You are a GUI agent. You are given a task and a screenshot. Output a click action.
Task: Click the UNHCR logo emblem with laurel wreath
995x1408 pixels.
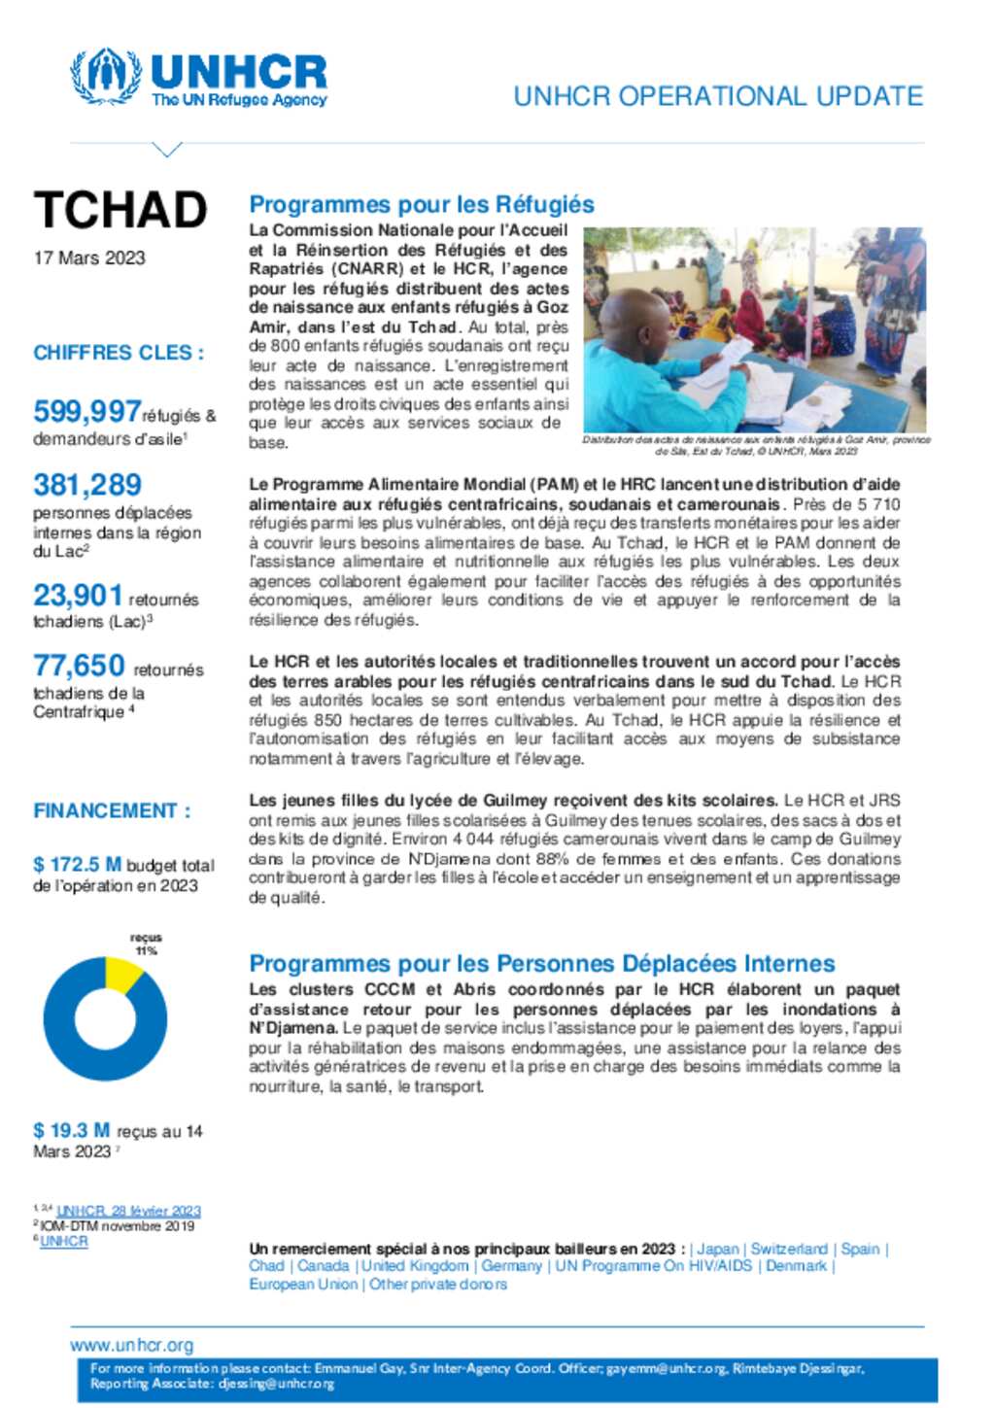[x=106, y=76]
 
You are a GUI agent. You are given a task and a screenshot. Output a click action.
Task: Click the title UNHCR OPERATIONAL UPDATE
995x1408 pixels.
[x=717, y=96]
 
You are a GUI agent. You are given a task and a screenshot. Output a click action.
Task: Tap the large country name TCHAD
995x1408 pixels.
[x=120, y=210]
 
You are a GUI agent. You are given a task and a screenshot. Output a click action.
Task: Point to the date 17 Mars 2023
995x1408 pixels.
[x=89, y=258]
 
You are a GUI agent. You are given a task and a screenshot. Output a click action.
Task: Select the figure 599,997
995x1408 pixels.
[x=86, y=411]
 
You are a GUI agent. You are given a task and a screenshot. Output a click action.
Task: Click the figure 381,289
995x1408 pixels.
[x=87, y=484]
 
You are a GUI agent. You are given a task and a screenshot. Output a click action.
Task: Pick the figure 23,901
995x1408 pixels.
[x=78, y=595]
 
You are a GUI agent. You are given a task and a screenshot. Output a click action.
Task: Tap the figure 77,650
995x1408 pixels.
[x=79, y=666]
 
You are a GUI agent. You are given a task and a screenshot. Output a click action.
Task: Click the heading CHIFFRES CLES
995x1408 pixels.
[x=119, y=353]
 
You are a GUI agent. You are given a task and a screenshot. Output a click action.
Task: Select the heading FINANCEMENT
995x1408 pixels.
[x=112, y=810]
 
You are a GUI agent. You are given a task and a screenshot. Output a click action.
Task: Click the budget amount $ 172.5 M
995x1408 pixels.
[x=77, y=864]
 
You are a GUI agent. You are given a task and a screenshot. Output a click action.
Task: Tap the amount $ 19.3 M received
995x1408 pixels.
[x=71, y=1130]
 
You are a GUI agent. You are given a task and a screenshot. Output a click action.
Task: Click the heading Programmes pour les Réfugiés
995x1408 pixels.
[x=422, y=204]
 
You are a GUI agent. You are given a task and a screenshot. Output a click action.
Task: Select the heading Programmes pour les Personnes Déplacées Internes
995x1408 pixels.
[x=541, y=963]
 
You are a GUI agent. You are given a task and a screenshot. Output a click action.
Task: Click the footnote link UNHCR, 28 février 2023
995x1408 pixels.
[x=128, y=1211]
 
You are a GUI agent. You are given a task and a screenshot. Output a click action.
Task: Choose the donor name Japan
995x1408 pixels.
[x=718, y=1249]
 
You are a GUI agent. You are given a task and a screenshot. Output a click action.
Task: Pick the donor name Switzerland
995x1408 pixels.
[x=789, y=1249]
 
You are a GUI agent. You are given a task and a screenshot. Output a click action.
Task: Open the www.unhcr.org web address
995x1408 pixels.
[x=131, y=1345]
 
